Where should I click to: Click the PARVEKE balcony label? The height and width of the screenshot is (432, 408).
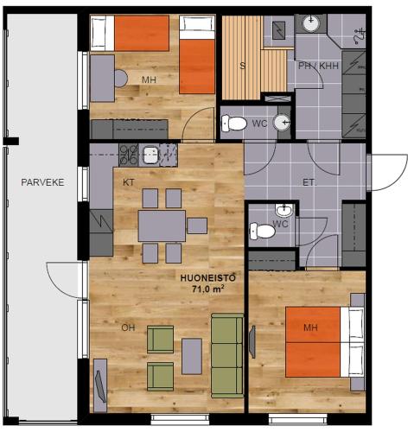42,182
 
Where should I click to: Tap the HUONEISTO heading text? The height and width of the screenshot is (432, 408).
208,278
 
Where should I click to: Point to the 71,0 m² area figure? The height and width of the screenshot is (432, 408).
208,289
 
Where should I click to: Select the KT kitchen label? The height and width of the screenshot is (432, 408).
129,182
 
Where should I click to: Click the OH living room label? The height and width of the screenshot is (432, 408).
128,327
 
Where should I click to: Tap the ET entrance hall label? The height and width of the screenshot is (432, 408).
309,182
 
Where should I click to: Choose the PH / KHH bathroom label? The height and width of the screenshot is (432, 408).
318,66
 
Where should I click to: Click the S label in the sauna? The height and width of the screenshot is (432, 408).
242,66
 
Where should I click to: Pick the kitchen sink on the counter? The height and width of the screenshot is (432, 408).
150,155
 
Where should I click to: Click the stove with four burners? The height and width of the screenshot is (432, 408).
129,156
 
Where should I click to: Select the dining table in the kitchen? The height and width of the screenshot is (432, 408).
162,226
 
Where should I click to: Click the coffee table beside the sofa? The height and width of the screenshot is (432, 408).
192,356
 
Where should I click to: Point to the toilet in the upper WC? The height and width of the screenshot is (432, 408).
234,124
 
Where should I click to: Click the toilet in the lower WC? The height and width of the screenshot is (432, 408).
262,232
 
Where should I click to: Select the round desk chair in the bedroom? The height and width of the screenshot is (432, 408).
121,79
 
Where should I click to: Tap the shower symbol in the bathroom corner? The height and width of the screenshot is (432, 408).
360,35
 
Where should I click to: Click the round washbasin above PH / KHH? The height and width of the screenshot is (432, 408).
310,23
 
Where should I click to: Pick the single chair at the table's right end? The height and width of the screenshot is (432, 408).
197,226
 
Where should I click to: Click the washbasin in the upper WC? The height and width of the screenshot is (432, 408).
282,123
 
